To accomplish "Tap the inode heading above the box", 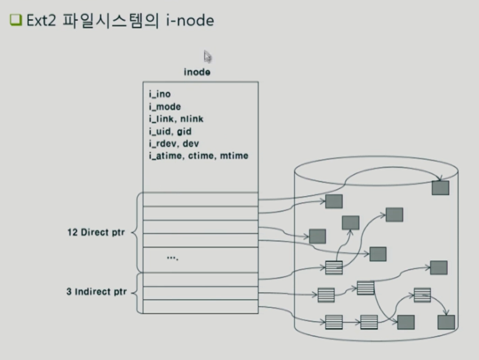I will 197,72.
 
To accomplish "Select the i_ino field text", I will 160,94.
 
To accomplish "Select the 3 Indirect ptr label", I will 94,292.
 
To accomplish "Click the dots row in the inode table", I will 173,258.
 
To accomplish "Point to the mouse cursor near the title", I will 207,57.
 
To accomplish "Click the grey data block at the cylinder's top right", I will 440,188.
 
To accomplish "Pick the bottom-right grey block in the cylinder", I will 446,322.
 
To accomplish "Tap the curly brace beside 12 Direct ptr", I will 134,232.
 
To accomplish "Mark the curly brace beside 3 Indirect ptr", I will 134,292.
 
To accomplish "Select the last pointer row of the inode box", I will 201,306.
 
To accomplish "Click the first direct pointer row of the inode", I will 201,199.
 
